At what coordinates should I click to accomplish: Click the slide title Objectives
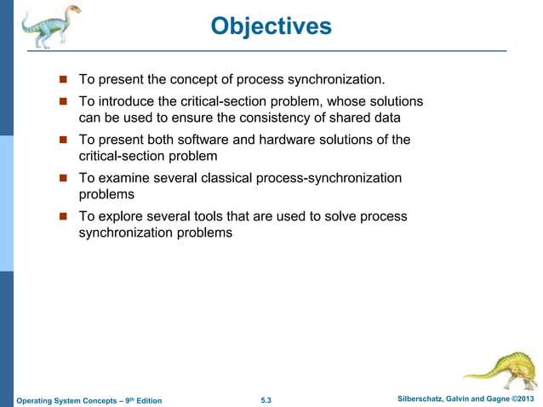[x=271, y=26]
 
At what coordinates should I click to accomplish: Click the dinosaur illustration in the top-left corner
[x=47, y=26]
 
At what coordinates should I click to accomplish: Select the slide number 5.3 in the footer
[x=266, y=400]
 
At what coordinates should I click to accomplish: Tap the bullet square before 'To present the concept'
[x=62, y=80]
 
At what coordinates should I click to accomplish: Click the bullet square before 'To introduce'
[x=62, y=102]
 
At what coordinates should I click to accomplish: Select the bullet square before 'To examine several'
[x=62, y=179]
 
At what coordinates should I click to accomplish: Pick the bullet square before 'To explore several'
[x=62, y=217]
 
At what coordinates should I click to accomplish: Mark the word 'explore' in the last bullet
[x=120, y=217]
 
